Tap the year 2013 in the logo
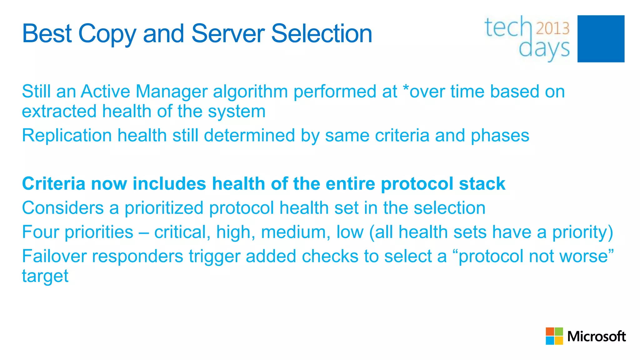pyautogui.click(x=552, y=28)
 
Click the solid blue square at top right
pyautogui.click(x=601, y=39)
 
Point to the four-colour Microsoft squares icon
pyautogui.click(x=554, y=336)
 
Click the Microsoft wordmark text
pyautogui.click(x=596, y=337)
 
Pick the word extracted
pyautogui.click(x=59, y=111)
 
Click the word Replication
pyautogui.click(x=67, y=136)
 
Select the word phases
pyautogui.click(x=500, y=136)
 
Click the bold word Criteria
pyautogui.click(x=53, y=183)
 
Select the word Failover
pyautogui.click(x=54, y=256)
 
